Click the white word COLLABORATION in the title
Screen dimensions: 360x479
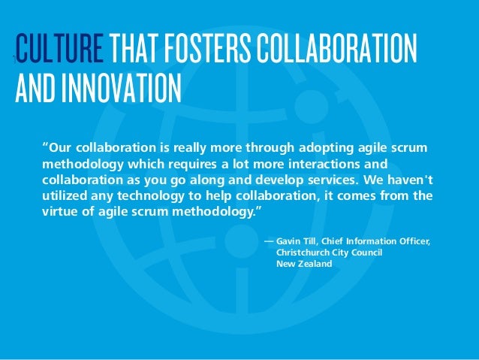coord(337,49)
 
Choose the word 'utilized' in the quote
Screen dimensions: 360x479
coord(64,196)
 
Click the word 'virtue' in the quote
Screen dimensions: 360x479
coord(60,213)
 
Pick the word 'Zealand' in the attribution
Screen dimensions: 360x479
coord(314,265)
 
